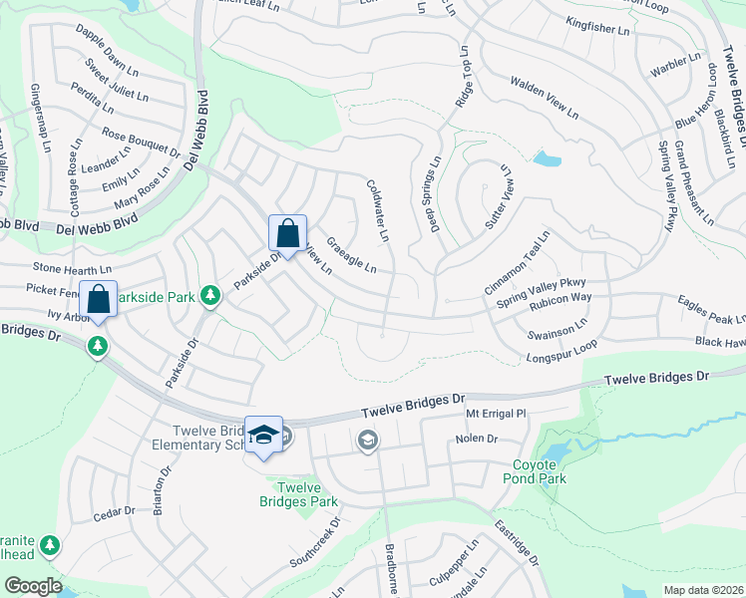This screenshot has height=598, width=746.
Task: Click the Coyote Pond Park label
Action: [x=540, y=471]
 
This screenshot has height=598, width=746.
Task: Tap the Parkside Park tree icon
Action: [x=210, y=295]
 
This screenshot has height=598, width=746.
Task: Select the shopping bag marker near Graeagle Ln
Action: [x=287, y=235]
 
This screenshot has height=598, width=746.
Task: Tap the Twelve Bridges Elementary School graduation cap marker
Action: [x=263, y=435]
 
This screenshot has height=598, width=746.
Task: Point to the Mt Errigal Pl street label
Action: [x=496, y=413]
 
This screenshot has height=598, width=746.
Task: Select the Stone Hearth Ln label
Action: [x=72, y=268]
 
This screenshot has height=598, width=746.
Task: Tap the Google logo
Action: [x=32, y=586]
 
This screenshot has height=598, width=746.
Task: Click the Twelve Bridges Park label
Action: [x=298, y=494]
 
